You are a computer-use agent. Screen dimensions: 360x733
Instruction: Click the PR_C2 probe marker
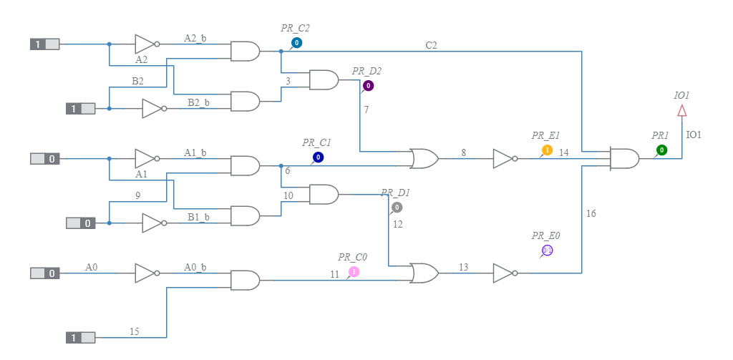pyautogui.click(x=296, y=43)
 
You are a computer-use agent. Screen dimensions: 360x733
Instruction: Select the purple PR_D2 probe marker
pyautogui.click(x=368, y=86)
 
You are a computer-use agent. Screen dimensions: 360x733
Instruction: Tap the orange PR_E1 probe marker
pyautogui.click(x=547, y=150)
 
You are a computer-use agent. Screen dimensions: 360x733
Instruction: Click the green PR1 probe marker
pyautogui.click(x=661, y=150)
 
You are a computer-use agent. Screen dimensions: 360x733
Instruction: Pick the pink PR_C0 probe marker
pyautogui.click(x=354, y=272)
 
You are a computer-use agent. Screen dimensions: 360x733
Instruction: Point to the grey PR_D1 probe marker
pyautogui.click(x=397, y=208)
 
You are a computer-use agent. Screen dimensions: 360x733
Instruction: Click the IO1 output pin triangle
pyautogui.click(x=682, y=110)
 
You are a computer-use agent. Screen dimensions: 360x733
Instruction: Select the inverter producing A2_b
pyautogui.click(x=145, y=44)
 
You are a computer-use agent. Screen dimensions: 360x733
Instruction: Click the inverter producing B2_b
pyautogui.click(x=152, y=109)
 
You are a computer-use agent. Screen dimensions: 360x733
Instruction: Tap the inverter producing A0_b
pyautogui.click(x=145, y=273)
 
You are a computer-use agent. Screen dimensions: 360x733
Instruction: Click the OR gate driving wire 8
pyautogui.click(x=424, y=158)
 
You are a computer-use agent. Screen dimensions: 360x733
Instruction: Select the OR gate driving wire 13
pyautogui.click(x=424, y=273)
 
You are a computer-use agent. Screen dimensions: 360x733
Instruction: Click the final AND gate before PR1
pyautogui.click(x=624, y=158)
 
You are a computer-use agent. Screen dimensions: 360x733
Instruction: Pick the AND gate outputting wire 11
pyautogui.click(x=245, y=280)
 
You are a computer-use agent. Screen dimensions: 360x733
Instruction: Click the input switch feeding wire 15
pyautogui.click(x=81, y=337)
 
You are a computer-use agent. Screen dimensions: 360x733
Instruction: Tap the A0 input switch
pyautogui.click(x=45, y=273)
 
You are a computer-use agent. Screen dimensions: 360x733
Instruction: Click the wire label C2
pyautogui.click(x=431, y=46)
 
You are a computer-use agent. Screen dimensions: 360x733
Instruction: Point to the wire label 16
pyautogui.click(x=591, y=213)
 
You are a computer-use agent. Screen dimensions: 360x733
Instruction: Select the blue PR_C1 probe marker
pyautogui.click(x=318, y=157)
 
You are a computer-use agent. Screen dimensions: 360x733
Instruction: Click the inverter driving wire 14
pyautogui.click(x=503, y=158)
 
